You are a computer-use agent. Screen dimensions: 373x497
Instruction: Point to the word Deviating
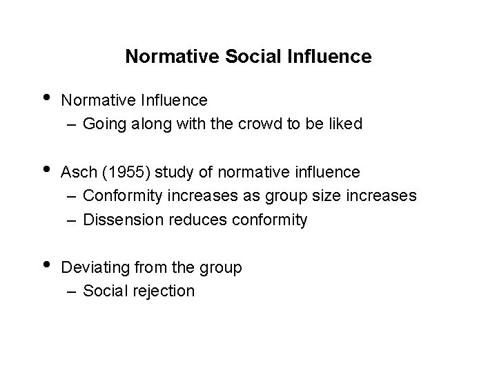pyautogui.click(x=92, y=267)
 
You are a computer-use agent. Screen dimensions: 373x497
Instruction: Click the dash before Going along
pyautogui.click(x=72, y=125)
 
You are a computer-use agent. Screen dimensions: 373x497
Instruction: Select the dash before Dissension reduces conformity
pyautogui.click(x=72, y=220)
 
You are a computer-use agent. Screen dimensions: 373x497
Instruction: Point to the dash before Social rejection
pyautogui.click(x=72, y=291)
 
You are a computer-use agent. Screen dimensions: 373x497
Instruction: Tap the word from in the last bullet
pyautogui.click(x=146, y=267)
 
